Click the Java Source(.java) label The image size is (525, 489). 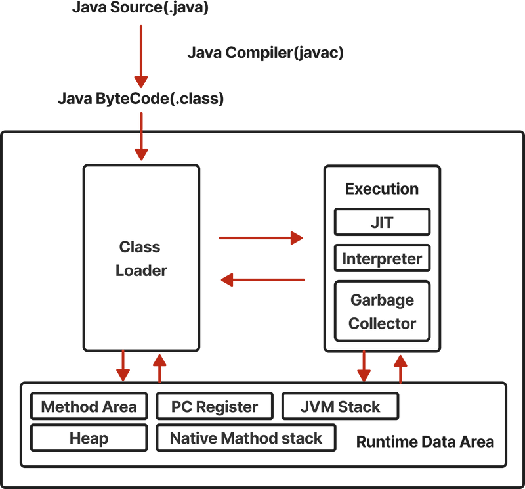click(140, 7)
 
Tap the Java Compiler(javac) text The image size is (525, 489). click(265, 53)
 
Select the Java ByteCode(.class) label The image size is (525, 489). click(140, 99)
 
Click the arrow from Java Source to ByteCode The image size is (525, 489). click(141, 57)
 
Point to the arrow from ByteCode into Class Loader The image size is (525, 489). click(141, 137)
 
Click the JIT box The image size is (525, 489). click(382, 222)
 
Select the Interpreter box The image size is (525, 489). click(382, 258)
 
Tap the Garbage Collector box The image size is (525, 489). click(382, 312)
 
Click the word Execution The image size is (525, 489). click(382, 189)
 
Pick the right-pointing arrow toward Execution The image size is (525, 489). click(261, 238)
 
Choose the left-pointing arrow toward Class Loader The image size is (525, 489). click(263, 280)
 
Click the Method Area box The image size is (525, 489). click(89, 406)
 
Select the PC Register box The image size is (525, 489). click(215, 406)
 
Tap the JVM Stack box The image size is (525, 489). click(340, 406)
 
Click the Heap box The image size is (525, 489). click(89, 438)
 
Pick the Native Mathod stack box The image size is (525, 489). click(246, 438)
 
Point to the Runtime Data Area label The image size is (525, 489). click(425, 442)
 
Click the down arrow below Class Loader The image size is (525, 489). click(123, 365)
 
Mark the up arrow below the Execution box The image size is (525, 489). click(400, 369)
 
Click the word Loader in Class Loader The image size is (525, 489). click(141, 271)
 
